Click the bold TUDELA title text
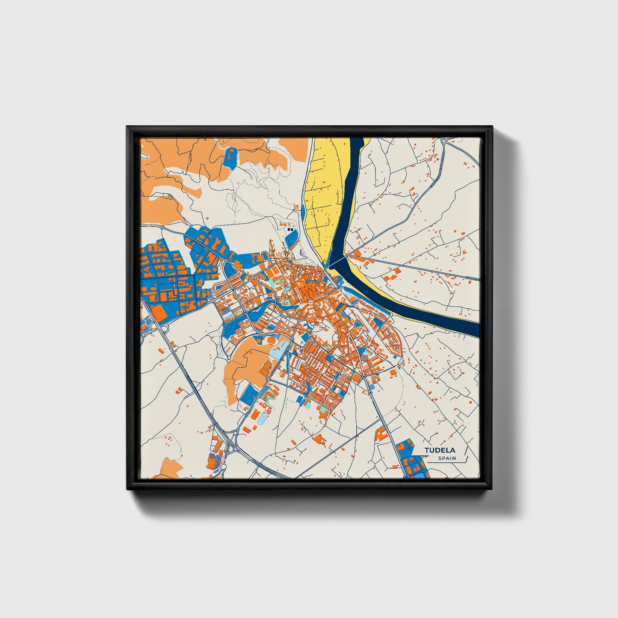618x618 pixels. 440,450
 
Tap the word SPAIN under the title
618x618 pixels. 447,458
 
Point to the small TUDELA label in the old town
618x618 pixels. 313,282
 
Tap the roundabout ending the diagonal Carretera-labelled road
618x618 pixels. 444,141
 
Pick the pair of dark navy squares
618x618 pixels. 291,230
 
